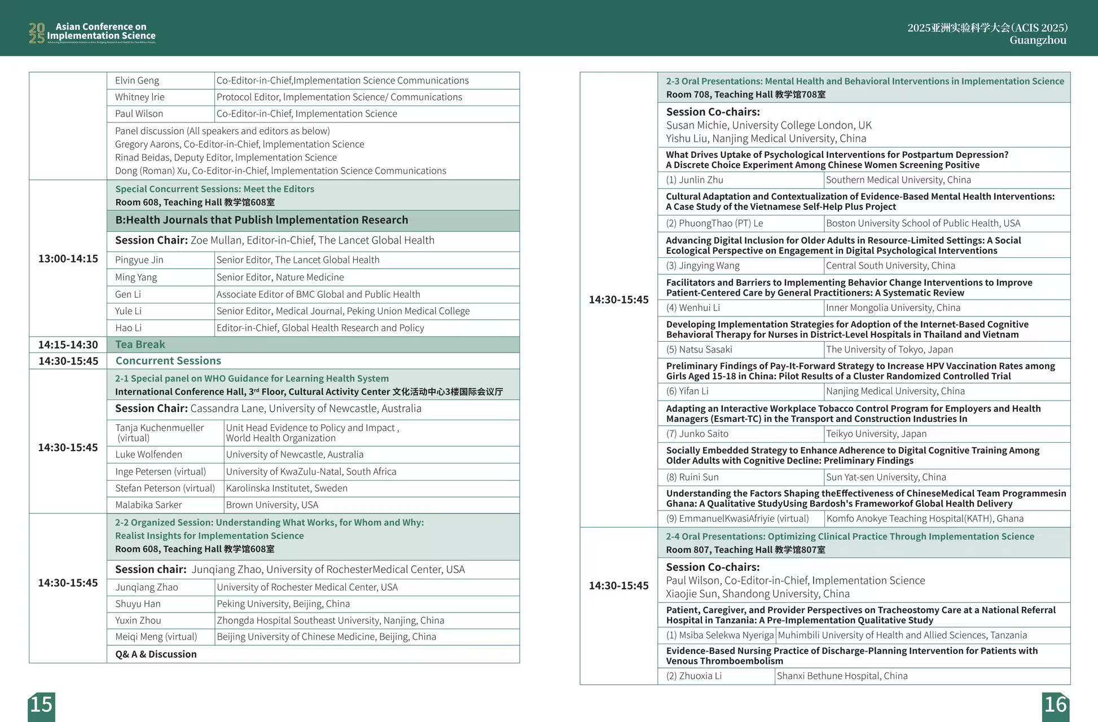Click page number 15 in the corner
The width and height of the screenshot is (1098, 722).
click(x=41, y=705)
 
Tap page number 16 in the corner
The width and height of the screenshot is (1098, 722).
click(x=1055, y=705)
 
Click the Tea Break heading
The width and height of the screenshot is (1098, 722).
click(x=140, y=345)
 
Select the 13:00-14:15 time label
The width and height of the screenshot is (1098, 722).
click(x=68, y=259)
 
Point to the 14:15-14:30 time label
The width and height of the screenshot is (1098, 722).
click(x=68, y=345)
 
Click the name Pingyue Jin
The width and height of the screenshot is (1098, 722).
click(x=139, y=260)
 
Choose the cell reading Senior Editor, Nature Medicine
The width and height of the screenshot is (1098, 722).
click(x=280, y=278)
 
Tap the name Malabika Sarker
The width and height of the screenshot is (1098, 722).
click(x=148, y=505)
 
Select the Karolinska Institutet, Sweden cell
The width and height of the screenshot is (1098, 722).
click(x=286, y=488)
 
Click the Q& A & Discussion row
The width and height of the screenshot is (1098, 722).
click(x=156, y=654)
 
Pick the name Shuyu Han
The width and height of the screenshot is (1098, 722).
click(x=138, y=604)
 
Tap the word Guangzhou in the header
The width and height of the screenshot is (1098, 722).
click(x=1038, y=41)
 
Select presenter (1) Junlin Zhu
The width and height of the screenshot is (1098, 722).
click(x=695, y=180)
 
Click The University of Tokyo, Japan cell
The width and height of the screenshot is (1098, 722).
click(x=889, y=350)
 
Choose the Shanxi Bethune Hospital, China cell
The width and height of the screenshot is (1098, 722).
click(x=842, y=676)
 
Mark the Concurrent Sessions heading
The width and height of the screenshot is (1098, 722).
click(x=168, y=361)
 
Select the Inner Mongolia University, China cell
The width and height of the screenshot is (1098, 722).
click(x=893, y=308)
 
